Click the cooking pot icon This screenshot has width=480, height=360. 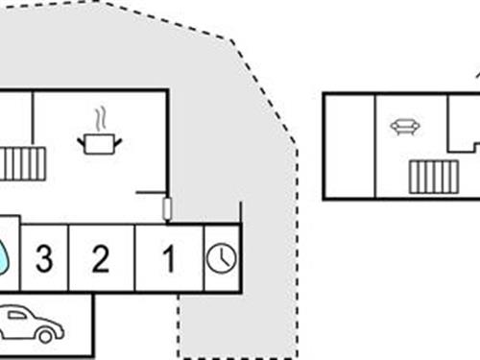(x=100, y=143)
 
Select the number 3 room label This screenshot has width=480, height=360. (x=43, y=257)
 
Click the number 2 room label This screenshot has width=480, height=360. (x=101, y=257)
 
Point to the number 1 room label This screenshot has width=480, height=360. (x=169, y=257)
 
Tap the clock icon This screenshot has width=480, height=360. (x=221, y=257)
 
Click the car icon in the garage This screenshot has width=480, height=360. (x=30, y=324)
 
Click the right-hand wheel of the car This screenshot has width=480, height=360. (x=49, y=334)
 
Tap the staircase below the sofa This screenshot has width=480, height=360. (x=433, y=177)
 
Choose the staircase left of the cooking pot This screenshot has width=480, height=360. (x=21, y=163)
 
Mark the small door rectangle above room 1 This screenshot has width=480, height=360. (x=169, y=207)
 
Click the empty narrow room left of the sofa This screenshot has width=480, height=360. (x=349, y=145)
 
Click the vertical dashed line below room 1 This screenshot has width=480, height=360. (x=179, y=326)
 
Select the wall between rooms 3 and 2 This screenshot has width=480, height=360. (x=68, y=257)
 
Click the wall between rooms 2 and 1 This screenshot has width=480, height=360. (x=135, y=257)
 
